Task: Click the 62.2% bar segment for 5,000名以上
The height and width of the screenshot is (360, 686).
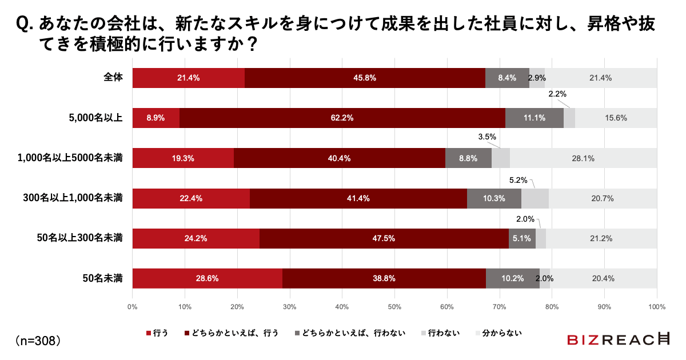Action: tap(341, 118)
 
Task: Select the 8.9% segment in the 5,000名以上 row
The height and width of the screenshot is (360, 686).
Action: tap(155, 118)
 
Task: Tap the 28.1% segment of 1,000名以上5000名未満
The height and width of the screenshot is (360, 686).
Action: tap(583, 158)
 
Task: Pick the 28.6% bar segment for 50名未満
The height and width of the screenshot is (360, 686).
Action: tap(207, 278)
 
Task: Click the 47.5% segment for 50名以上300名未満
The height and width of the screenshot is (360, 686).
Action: tap(384, 238)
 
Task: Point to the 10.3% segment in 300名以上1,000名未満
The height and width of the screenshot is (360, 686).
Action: tap(494, 198)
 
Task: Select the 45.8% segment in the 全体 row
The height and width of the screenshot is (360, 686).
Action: tap(365, 78)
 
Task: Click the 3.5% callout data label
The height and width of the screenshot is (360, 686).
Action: tap(486, 137)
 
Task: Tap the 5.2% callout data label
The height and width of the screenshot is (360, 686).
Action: tap(519, 180)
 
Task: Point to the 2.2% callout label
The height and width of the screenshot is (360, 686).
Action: tap(557, 94)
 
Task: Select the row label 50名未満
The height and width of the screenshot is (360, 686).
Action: tap(103, 278)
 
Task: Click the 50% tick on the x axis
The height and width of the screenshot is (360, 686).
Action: tap(394, 307)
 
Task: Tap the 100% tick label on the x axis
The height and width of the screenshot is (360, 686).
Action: tap(656, 307)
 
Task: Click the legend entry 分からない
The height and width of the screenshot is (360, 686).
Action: tap(498, 333)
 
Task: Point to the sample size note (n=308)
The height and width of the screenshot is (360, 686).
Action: tap(38, 341)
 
